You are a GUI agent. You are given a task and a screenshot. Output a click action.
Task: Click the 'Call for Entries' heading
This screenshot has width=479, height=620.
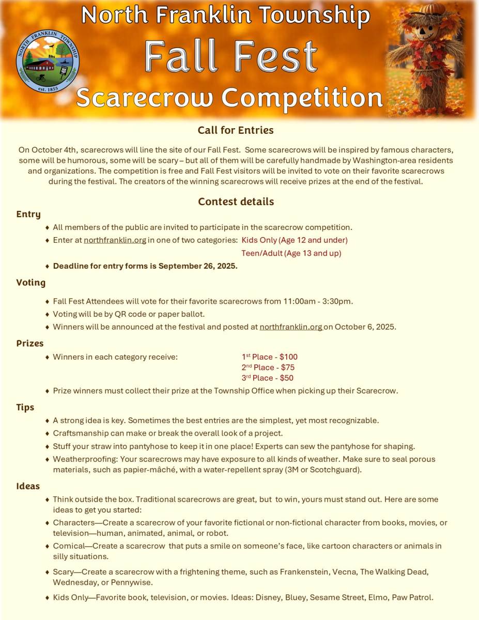coord(236,130)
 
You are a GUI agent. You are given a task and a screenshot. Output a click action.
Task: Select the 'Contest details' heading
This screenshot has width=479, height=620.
coord(236,202)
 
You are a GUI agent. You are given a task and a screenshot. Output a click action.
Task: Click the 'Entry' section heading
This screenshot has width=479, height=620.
coord(28,214)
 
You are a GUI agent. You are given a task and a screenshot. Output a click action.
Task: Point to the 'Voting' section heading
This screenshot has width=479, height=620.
coord(30,283)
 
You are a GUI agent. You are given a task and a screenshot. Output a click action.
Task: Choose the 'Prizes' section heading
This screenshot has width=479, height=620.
coord(30,343)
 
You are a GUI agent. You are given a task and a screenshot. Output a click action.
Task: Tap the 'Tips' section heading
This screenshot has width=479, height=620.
coord(25,407)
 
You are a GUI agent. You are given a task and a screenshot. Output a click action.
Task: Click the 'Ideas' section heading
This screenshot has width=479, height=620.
coord(28,486)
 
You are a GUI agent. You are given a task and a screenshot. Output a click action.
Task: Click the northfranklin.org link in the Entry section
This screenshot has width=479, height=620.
coord(115,240)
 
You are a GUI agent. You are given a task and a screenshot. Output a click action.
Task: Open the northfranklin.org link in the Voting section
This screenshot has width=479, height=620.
coord(291,327)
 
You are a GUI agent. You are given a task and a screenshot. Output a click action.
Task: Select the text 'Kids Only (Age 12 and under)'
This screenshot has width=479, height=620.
coord(295,240)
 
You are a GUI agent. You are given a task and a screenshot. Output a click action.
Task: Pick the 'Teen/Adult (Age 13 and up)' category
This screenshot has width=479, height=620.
coord(291,253)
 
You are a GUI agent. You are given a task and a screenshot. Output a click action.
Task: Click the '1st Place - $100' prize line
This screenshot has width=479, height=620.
coord(269,357)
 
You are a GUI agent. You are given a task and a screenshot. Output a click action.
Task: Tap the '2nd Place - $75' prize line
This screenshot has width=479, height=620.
coord(268,367)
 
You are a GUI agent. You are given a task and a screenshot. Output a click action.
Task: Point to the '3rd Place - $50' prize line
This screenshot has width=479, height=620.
coord(267,378)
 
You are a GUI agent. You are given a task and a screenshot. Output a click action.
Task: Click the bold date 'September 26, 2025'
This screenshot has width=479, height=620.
coord(198,266)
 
